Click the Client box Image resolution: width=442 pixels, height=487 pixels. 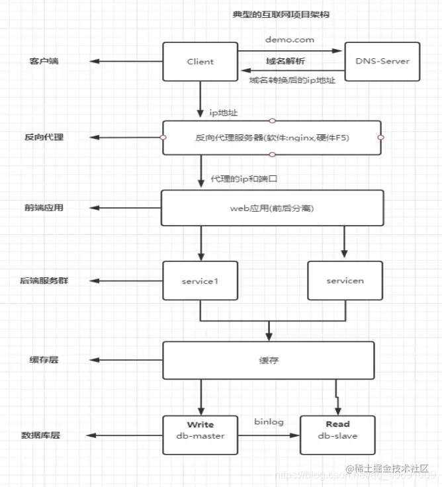click(x=200, y=62)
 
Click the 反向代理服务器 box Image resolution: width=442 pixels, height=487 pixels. click(x=271, y=138)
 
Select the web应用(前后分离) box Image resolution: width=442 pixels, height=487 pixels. click(x=272, y=208)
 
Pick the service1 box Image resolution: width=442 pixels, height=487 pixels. click(x=199, y=281)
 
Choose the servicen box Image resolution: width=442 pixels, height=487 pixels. click(x=345, y=281)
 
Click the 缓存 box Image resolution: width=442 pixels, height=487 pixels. click(x=268, y=361)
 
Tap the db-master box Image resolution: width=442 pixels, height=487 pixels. click(x=200, y=435)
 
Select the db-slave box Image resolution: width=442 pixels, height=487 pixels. click(x=337, y=435)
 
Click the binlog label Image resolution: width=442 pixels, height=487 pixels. click(x=268, y=421)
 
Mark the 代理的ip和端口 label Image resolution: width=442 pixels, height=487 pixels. click(x=239, y=179)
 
